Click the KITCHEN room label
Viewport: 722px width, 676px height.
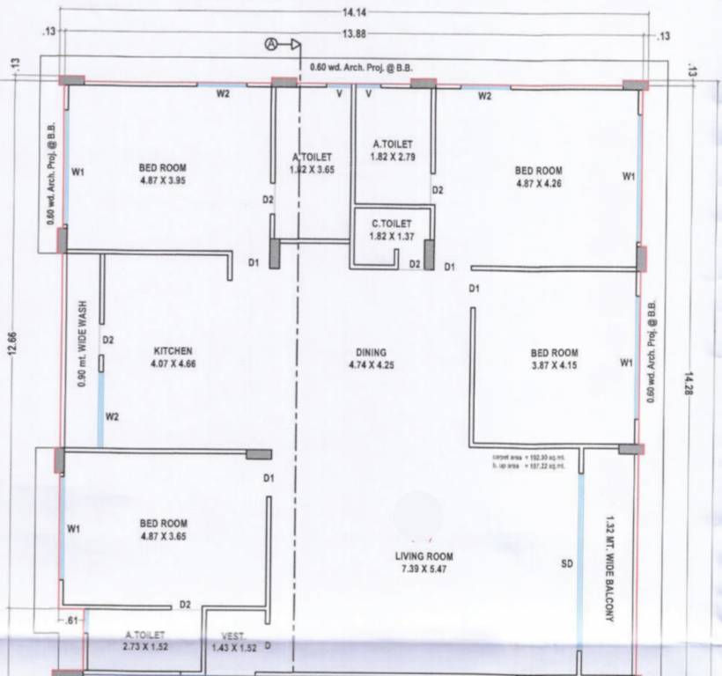click(x=173, y=350)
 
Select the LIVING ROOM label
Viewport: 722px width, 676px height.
click(x=427, y=556)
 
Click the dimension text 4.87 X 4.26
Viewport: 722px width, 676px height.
click(x=538, y=184)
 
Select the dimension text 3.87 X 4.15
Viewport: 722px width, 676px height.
click(x=554, y=365)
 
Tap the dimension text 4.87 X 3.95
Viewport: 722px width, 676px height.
click(x=162, y=180)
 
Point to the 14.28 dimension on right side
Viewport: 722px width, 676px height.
click(x=689, y=386)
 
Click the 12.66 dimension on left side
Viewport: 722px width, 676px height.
click(x=11, y=346)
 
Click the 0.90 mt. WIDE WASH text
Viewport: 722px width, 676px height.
click(x=82, y=346)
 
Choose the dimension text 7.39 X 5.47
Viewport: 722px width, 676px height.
click(x=427, y=569)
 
